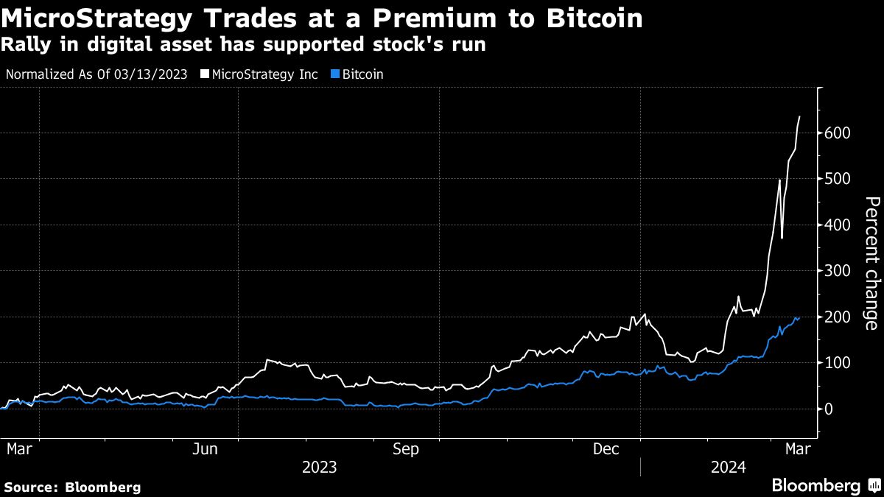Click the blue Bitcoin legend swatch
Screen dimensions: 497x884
pyautogui.click(x=336, y=74)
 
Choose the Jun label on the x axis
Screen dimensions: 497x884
pyautogui.click(x=206, y=448)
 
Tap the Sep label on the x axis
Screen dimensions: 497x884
pyautogui.click(x=407, y=448)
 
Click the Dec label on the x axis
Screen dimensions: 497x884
pyautogui.click(x=606, y=448)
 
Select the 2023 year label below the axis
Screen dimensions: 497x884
pyautogui.click(x=320, y=468)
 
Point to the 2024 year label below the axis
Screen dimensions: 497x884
pyautogui.click(x=729, y=468)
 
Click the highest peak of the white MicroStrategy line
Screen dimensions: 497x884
pyautogui.click(x=800, y=116)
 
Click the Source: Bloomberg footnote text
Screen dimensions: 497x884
pyautogui.click(x=72, y=487)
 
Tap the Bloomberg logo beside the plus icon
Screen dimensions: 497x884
pyautogui.click(x=815, y=486)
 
